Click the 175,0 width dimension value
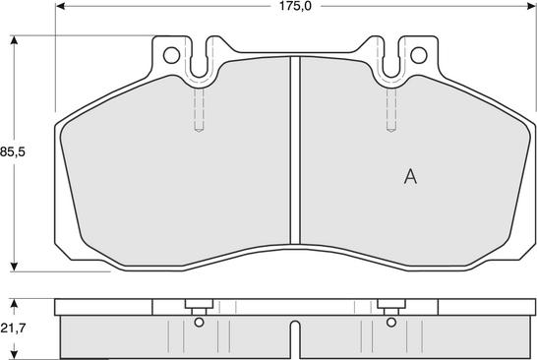tap(295, 6)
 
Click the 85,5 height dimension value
tap(13, 151)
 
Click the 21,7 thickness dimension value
tap(13, 329)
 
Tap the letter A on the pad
tap(410, 176)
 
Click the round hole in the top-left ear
tap(171, 55)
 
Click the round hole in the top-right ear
tap(419, 55)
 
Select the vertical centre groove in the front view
tap(295, 150)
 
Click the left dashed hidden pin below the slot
tap(199, 109)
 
